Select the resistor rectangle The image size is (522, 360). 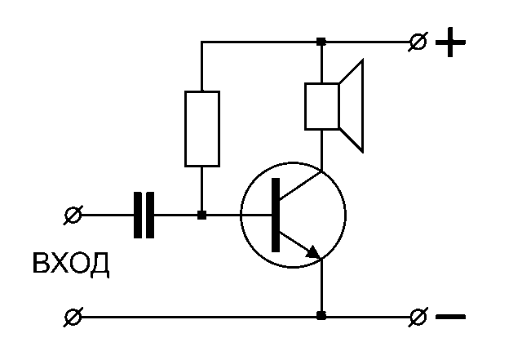(201, 129)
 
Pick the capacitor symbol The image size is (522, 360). (144, 216)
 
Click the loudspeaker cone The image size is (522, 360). (352, 107)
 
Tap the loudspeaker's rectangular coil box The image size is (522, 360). (322, 106)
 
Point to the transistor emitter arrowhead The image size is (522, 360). (312, 253)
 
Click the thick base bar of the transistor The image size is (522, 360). (276, 216)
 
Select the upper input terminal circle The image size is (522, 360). (73, 216)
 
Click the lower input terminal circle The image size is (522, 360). (73, 316)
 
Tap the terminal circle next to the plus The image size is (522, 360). (418, 42)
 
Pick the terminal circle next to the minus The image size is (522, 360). (418, 316)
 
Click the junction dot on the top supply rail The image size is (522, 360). (322, 42)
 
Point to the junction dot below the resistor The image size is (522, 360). (201, 216)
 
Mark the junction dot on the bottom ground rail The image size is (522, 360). (322, 316)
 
